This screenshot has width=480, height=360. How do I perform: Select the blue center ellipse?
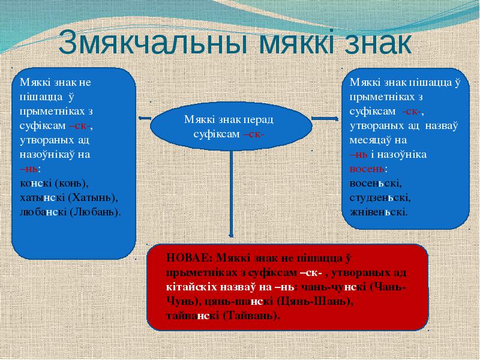tap(231, 126)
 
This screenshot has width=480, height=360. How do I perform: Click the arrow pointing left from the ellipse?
tap(145, 118)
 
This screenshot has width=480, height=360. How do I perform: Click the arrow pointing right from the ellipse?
tap(325, 118)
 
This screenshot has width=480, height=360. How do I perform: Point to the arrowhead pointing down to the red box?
tap(231, 235)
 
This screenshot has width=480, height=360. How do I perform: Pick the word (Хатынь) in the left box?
tap(93, 198)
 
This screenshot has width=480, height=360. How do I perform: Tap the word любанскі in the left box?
tap(43, 212)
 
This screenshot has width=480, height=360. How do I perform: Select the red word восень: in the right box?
tap(368, 169)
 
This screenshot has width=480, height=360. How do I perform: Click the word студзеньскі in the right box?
tap(380, 198)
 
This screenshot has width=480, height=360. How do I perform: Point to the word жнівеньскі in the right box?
tap(379, 212)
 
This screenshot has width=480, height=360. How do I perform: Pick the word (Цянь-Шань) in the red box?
tap(315, 302)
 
